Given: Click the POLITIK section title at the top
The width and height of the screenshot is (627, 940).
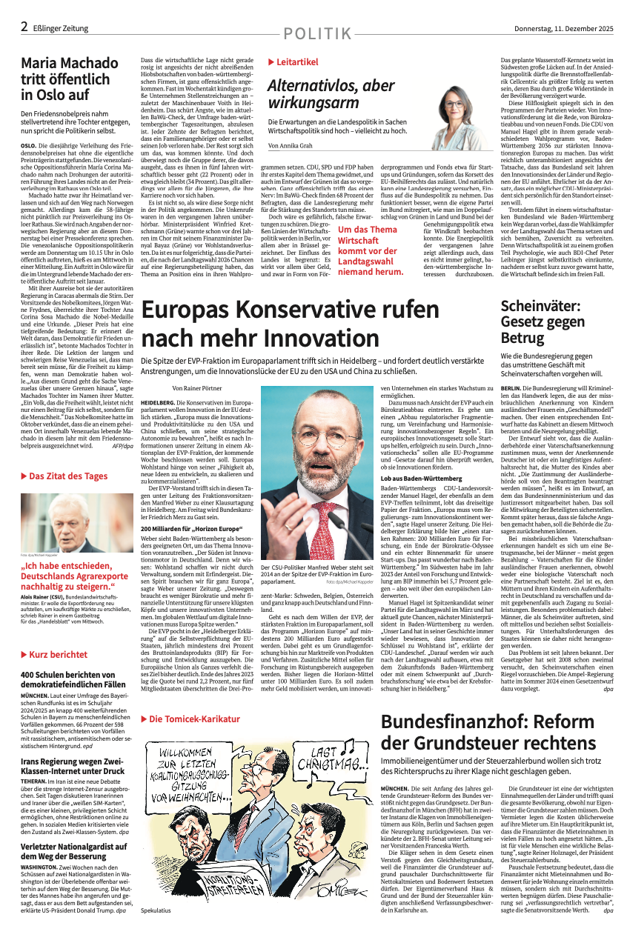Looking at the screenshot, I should point(318,33).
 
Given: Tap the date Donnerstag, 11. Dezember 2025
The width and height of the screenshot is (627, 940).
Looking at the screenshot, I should point(564,29).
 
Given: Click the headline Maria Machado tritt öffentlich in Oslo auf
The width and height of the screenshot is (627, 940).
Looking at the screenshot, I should point(68,80).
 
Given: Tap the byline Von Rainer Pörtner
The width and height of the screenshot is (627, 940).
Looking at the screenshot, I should point(196,387).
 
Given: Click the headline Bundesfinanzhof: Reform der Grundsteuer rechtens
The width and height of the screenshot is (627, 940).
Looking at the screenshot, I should point(488,733).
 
